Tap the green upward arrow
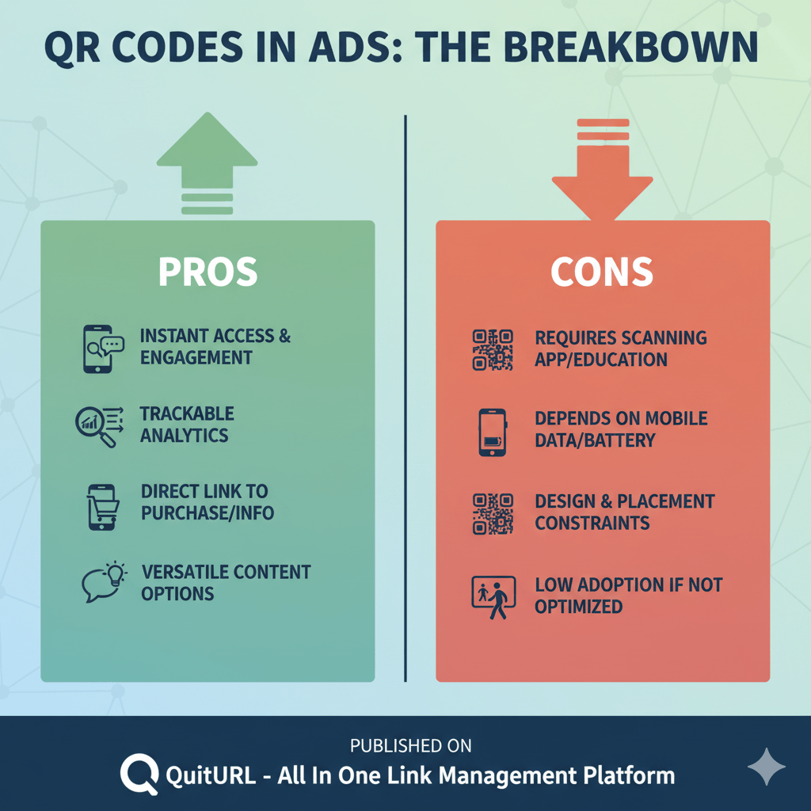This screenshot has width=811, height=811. click(207, 158)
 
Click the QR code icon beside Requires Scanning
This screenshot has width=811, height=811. click(493, 349)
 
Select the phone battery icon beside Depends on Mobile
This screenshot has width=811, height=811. click(493, 432)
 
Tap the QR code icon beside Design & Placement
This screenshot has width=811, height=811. click(493, 513)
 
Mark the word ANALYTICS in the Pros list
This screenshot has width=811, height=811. click(184, 436)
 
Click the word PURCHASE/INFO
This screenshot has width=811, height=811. click(208, 513)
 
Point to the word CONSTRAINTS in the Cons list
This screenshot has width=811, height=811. click(592, 523)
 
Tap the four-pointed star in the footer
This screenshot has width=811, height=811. click(767, 767)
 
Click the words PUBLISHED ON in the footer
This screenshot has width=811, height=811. click(411, 745)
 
